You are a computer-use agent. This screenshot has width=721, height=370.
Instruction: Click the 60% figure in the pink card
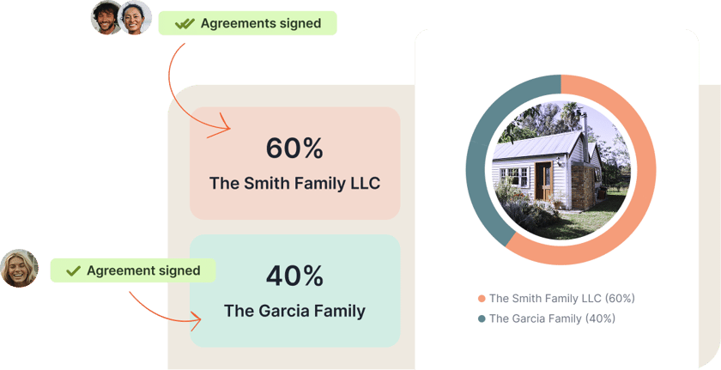tap(294, 149)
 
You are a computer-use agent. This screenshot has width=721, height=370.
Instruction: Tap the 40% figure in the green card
tap(294, 276)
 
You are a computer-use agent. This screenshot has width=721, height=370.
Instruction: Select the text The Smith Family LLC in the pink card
tap(294, 184)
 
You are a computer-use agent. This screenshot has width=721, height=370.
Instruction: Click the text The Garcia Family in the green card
tap(294, 311)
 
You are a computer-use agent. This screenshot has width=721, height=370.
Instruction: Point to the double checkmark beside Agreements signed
tap(185, 23)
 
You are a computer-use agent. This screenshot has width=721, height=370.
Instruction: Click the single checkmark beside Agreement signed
tap(73, 270)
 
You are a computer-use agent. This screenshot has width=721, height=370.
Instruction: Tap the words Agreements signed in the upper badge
tap(261, 23)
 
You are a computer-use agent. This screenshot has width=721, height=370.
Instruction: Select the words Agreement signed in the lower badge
tap(143, 270)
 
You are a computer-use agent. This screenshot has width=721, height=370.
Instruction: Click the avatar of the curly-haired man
tap(106, 17)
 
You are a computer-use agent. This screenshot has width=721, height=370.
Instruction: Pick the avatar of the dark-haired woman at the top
tap(135, 17)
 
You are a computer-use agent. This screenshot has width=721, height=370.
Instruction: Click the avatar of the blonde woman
tap(19, 269)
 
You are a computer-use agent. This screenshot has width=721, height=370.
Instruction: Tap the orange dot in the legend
tap(482, 299)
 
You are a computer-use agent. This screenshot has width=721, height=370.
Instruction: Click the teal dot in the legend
tap(482, 318)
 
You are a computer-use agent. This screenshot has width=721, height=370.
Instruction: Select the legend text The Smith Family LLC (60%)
tap(562, 298)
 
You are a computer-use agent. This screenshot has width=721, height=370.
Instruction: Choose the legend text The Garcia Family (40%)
tap(552, 318)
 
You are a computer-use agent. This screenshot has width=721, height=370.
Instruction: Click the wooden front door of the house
tap(543, 181)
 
